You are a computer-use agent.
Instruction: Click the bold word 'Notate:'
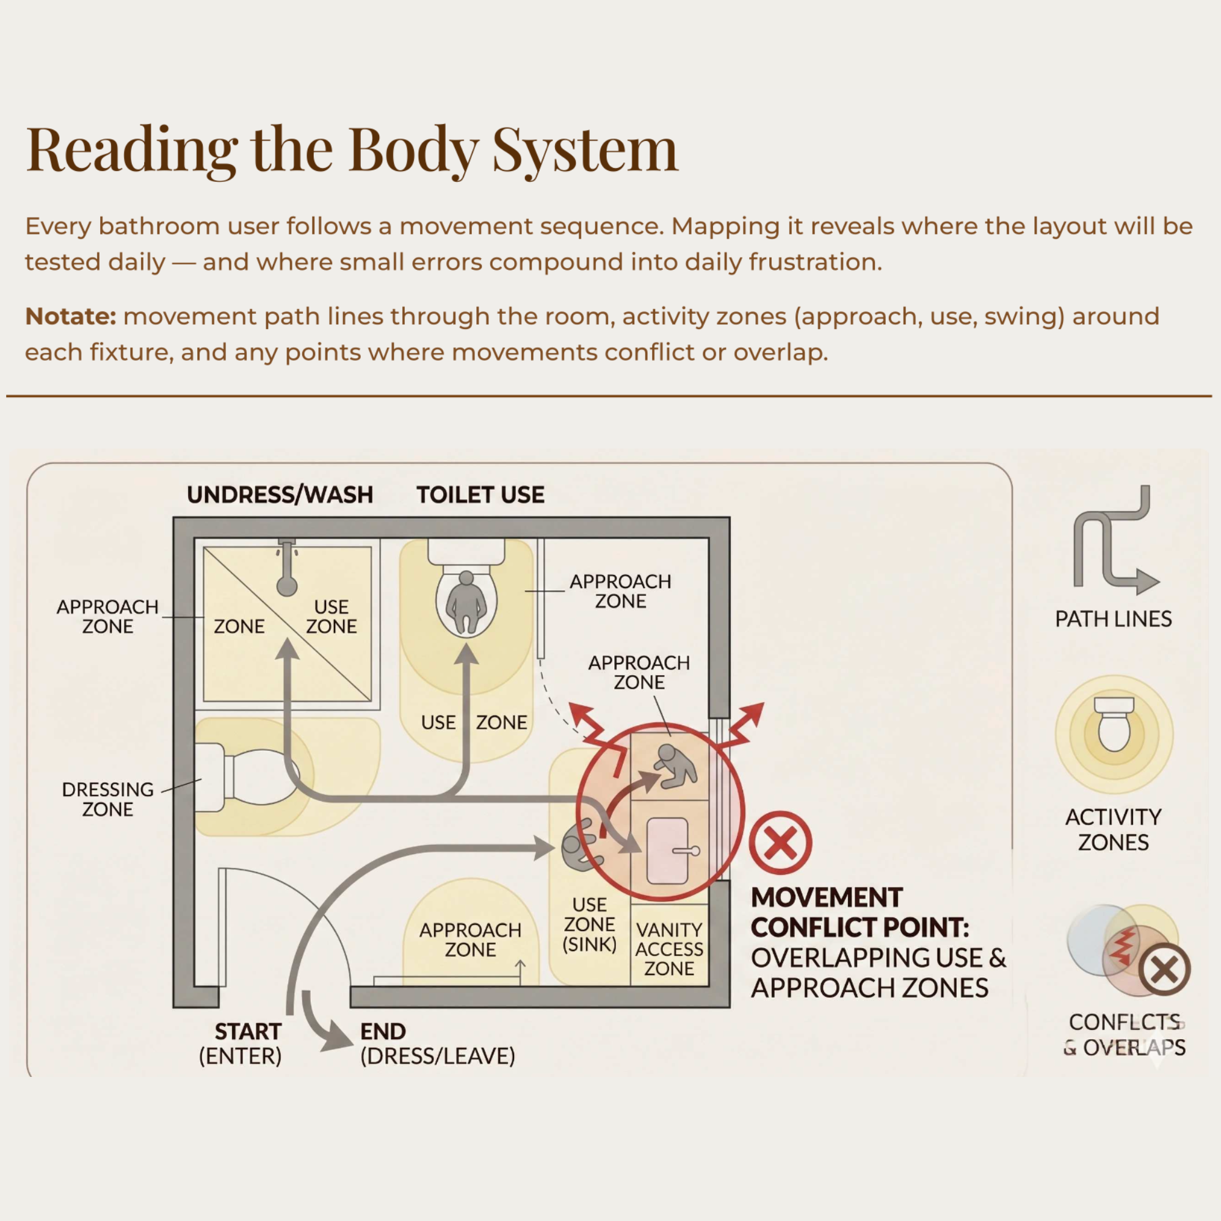(x=71, y=316)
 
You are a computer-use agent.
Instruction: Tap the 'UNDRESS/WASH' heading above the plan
(x=280, y=495)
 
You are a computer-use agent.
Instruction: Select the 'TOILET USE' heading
(x=480, y=495)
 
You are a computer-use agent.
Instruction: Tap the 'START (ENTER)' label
(x=240, y=1043)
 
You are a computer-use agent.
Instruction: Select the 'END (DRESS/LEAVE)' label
(x=437, y=1043)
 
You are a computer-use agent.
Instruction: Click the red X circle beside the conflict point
(x=780, y=842)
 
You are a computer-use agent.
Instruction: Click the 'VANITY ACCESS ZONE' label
(x=669, y=949)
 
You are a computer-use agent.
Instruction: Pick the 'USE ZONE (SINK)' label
(x=590, y=924)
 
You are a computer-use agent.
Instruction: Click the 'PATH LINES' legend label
(x=1114, y=618)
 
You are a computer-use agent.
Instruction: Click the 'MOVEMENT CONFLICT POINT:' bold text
(x=860, y=912)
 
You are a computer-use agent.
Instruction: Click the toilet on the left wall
(x=247, y=777)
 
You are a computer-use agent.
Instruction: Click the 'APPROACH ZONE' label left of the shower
(x=107, y=616)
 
